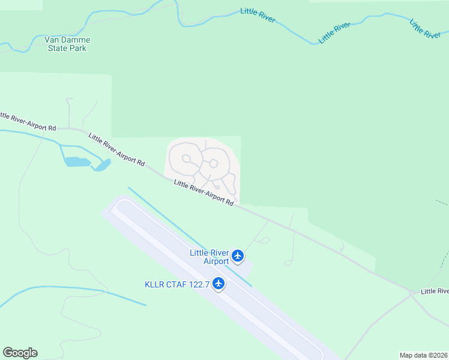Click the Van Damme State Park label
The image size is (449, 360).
[67, 44]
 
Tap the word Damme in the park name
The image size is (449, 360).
[77, 40]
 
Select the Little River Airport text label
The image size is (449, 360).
[209, 257]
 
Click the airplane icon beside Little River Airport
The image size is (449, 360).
[238, 256]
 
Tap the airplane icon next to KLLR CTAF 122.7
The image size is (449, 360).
[218, 283]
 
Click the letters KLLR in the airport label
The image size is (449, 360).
[155, 284]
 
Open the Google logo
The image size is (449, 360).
[20, 353]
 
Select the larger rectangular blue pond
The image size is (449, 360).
[77, 161]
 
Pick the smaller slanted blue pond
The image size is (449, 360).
[101, 165]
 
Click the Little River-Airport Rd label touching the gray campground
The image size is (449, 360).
[203, 193]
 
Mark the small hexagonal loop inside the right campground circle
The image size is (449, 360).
[213, 163]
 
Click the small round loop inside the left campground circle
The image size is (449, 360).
[187, 159]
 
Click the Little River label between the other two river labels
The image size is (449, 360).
[335, 32]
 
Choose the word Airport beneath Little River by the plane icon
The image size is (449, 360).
[217, 261]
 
